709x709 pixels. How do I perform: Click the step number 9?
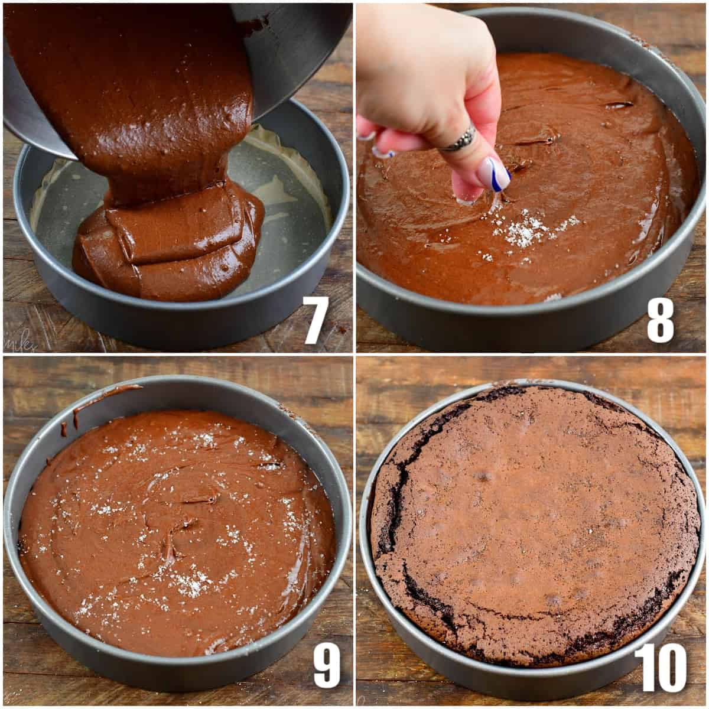326,664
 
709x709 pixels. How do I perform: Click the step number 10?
660,665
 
